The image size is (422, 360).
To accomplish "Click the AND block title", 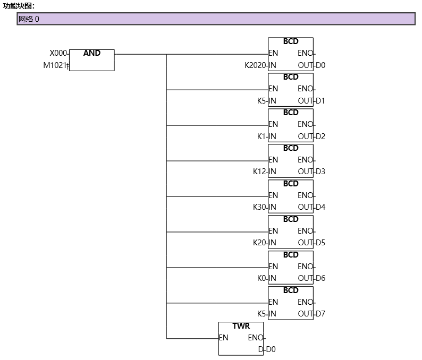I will click(x=91, y=53).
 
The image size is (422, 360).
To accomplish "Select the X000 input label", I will click(x=58, y=53).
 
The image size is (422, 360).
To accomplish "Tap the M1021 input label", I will click(x=55, y=65).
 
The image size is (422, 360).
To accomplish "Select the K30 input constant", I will click(x=260, y=207).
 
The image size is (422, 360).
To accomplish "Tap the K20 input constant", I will click(x=260, y=243).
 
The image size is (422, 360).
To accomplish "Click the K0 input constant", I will click(x=261, y=278).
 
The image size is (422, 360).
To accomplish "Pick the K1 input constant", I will click(x=261, y=136).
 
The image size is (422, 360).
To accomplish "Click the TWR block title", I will click(x=241, y=326).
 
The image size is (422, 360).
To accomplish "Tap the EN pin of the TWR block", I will click(x=224, y=338).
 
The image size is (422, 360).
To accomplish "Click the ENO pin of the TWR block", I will click(x=255, y=338).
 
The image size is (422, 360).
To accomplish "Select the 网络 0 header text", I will click(x=29, y=19).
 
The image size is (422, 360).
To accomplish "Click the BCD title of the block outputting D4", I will click(x=291, y=184).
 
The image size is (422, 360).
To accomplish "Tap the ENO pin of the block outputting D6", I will click(x=305, y=267).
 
